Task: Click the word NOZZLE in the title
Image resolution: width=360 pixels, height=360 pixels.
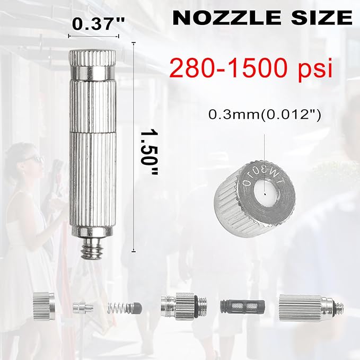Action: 226,18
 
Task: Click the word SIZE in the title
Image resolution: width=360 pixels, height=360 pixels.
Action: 322,18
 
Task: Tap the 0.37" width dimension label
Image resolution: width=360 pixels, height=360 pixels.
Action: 99,24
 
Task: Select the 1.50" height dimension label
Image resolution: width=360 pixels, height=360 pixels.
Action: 149,153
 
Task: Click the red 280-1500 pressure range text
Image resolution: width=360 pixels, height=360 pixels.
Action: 228,68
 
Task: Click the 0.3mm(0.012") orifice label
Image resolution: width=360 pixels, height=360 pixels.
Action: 265,115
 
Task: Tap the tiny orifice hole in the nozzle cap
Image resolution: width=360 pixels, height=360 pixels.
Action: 265,194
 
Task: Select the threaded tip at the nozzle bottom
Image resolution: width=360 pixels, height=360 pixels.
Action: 93,249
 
